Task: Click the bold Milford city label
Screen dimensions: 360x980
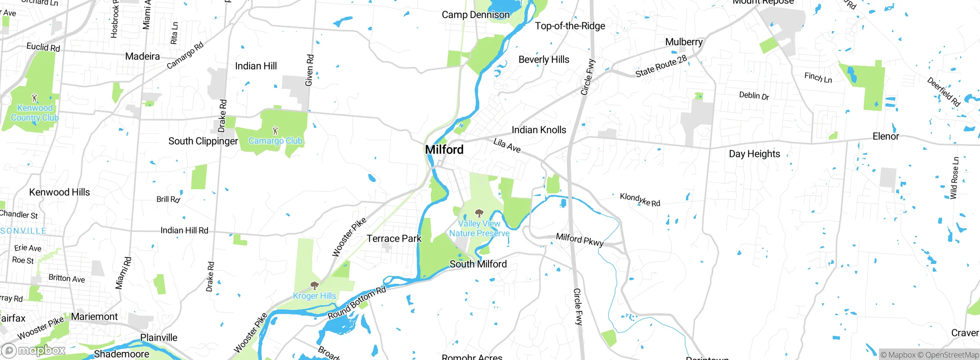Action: (x=444, y=149)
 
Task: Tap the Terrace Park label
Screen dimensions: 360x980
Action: (x=394, y=239)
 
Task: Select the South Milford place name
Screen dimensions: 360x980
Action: (x=478, y=264)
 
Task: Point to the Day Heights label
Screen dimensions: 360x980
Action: (x=754, y=154)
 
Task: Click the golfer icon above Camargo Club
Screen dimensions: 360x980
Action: (x=275, y=131)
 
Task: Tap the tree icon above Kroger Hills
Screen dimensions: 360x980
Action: (x=314, y=285)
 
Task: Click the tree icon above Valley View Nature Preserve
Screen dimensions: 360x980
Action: (x=479, y=213)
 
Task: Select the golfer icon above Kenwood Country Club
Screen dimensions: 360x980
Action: (x=34, y=98)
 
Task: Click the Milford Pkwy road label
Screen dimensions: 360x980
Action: (x=580, y=239)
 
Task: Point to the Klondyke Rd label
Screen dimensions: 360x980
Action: (x=640, y=200)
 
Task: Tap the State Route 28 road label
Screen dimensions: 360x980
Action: (x=661, y=66)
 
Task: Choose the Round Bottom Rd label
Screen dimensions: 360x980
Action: (x=357, y=303)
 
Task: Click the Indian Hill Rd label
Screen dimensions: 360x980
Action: (x=184, y=230)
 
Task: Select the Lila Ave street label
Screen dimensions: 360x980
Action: (x=507, y=145)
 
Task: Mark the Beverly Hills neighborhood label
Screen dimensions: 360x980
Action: (x=544, y=60)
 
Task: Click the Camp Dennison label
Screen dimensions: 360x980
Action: (x=475, y=15)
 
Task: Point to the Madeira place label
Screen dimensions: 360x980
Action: (x=142, y=56)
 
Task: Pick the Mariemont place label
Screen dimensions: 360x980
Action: (x=94, y=317)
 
